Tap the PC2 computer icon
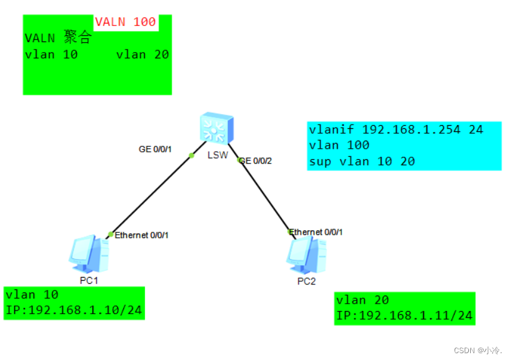point(304,254)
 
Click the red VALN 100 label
point(125,22)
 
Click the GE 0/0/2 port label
point(256,160)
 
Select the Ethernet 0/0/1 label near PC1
point(142,235)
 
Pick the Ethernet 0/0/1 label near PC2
point(316,232)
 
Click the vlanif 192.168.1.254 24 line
point(396,130)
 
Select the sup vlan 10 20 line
point(362,161)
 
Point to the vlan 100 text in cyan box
point(339,145)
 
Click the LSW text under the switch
point(217,155)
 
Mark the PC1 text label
point(89,280)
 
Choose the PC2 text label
point(306,281)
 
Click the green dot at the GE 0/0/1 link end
point(191,155)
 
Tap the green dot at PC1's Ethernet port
point(110,234)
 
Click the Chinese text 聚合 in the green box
point(77,38)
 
